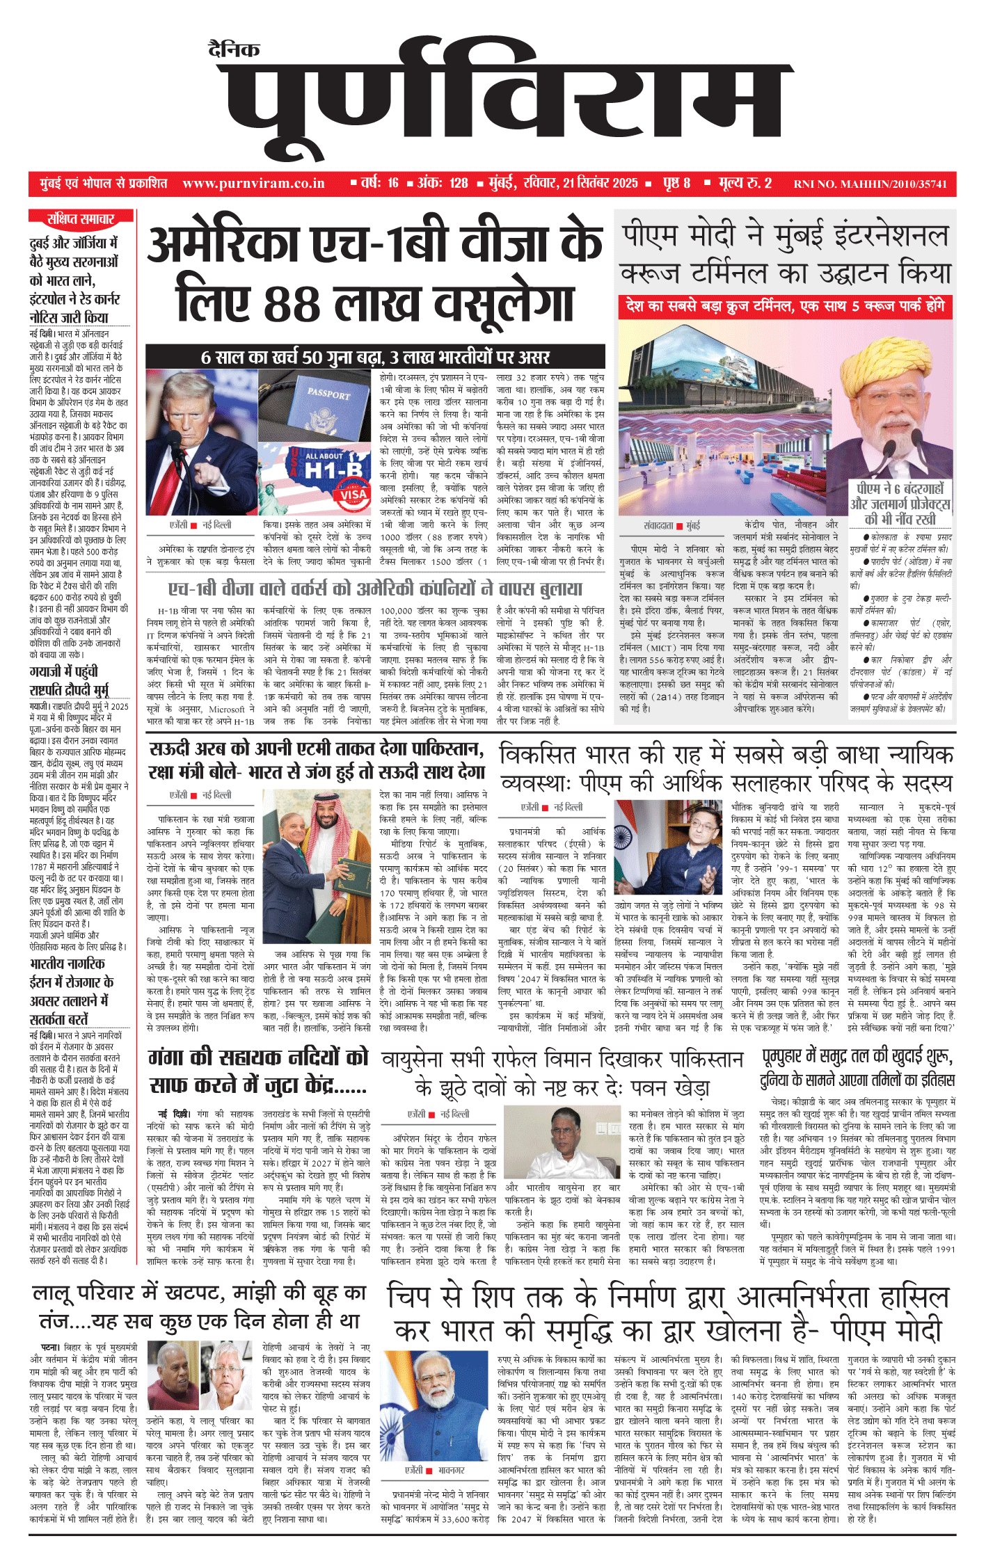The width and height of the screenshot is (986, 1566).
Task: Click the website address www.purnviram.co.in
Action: (253, 184)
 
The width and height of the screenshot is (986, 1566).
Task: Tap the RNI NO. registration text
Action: (870, 184)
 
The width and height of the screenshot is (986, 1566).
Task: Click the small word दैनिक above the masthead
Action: (234, 50)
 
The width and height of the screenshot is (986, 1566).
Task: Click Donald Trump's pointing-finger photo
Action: (201, 442)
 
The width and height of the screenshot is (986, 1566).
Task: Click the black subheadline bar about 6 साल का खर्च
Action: (375, 357)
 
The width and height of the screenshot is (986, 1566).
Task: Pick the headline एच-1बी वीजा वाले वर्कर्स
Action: (375, 589)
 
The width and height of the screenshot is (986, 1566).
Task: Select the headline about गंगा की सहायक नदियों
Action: (258, 1071)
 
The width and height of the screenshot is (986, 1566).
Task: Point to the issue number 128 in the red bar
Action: (459, 184)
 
